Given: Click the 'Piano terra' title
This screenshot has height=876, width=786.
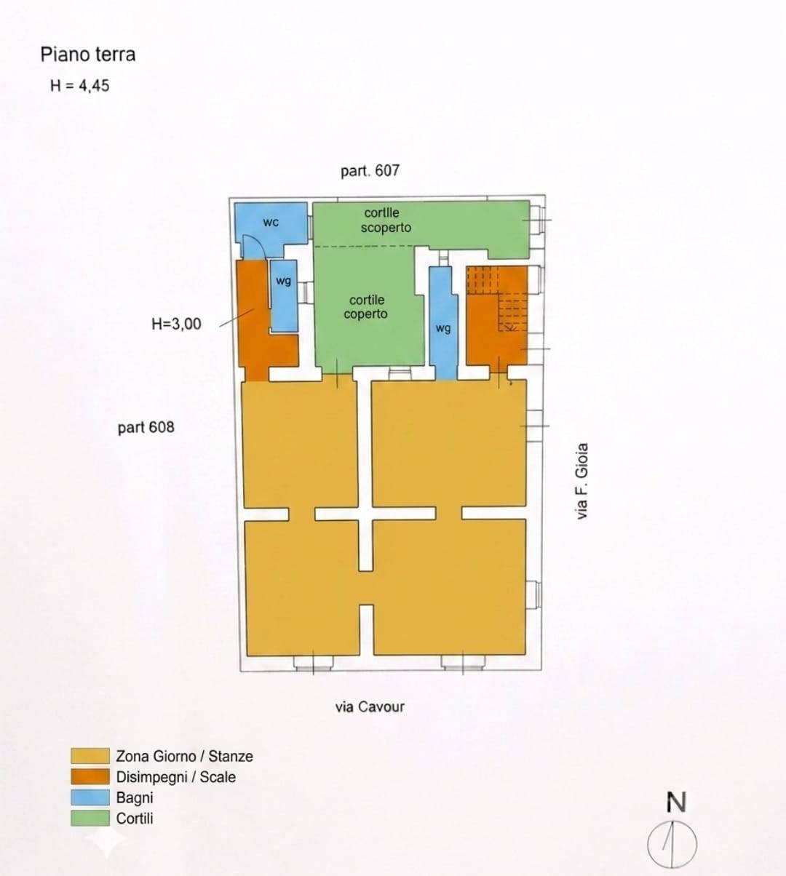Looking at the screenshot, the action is pyautogui.click(x=88, y=55).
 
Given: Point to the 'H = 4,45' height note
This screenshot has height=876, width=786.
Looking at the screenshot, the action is pyautogui.click(x=79, y=86).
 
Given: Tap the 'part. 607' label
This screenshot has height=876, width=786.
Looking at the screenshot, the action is pyautogui.click(x=370, y=171).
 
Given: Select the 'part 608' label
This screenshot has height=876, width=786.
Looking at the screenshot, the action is pyautogui.click(x=146, y=427).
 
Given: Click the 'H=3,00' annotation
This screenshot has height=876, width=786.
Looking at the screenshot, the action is pyautogui.click(x=176, y=324).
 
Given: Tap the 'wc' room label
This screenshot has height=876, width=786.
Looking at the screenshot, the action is pyautogui.click(x=271, y=222).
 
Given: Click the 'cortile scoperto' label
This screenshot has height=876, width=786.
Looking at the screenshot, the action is pyautogui.click(x=386, y=220).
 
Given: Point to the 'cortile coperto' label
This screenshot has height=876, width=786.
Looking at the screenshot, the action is pyautogui.click(x=366, y=306).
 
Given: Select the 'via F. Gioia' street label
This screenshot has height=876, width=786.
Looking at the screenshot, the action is pyautogui.click(x=582, y=481).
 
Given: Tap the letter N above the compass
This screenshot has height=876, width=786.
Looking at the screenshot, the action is pyautogui.click(x=676, y=803).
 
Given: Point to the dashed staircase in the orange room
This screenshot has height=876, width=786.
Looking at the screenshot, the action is pyautogui.click(x=498, y=298).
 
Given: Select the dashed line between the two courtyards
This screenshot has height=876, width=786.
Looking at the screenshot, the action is pyautogui.click(x=364, y=247).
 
